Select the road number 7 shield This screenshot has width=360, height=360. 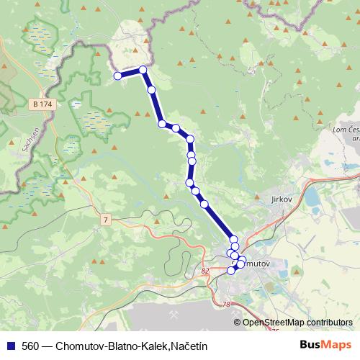[106, 220]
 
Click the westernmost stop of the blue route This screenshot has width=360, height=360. [117, 76]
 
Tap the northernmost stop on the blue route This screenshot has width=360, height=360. [143, 70]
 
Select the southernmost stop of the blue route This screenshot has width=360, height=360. [231, 271]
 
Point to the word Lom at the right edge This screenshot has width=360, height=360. [340, 129]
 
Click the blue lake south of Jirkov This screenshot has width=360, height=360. [312, 196]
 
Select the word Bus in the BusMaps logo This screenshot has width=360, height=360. [311, 346]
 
